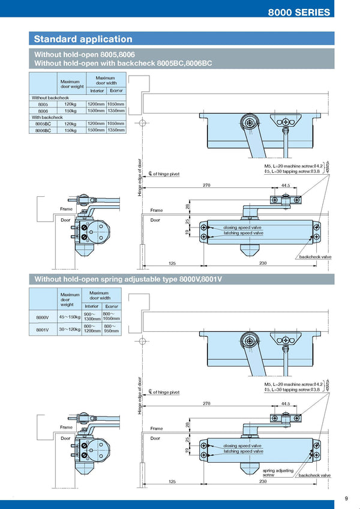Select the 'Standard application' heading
pyautogui.click(x=83, y=39)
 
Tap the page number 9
pyautogui.click(x=346, y=498)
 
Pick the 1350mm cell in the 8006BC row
pyautogui.click(x=116, y=130)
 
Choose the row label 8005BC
pyautogui.click(x=43, y=124)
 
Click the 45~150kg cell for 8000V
pyautogui.click(x=70, y=317)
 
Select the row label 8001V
pyautogui.click(x=43, y=330)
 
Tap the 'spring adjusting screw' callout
pyautogui.click(x=277, y=472)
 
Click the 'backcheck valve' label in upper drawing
pyautogui.click(x=315, y=257)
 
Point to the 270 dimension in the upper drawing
pyautogui.click(x=206, y=186)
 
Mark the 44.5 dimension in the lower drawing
pyautogui.click(x=286, y=404)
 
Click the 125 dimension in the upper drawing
pyautogui.click(x=172, y=264)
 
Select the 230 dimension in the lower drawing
pyautogui.click(x=263, y=481)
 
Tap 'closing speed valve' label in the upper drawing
pyautogui.click(x=242, y=228)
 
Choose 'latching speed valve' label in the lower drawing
pyautogui.click(x=243, y=451)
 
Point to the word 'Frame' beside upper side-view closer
pyautogui.click(x=66, y=209)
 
